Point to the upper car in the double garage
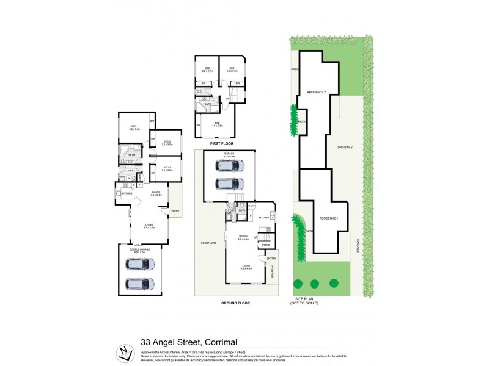coord(140,265)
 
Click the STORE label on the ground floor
coord(265,245)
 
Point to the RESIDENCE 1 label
coord(329,218)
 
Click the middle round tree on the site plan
coord(315,284)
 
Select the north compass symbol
coord(125,353)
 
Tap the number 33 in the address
coord(147,342)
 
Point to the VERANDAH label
coord(271,270)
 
